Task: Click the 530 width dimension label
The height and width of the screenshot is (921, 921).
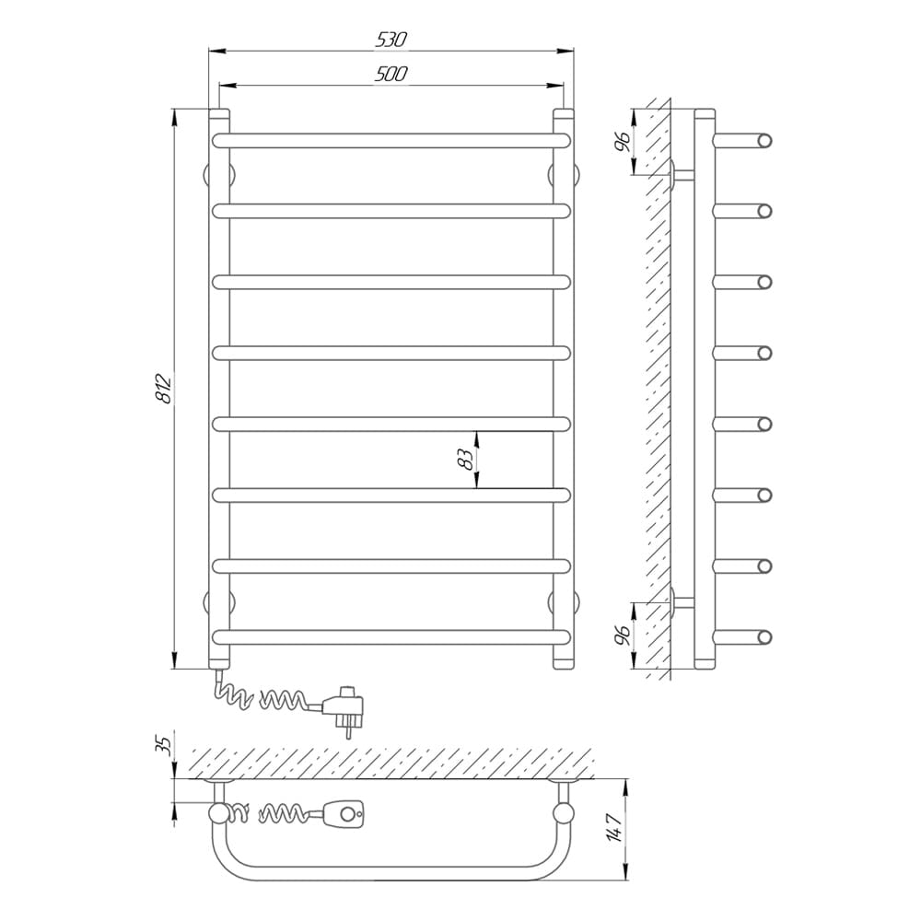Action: pyautogui.click(x=391, y=40)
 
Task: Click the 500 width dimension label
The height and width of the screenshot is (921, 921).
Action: pyautogui.click(x=391, y=74)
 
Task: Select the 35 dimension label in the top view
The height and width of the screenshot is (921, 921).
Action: pyautogui.click(x=165, y=744)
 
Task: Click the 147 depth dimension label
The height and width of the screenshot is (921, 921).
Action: pyautogui.click(x=613, y=828)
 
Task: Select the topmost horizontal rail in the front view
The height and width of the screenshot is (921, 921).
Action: pyautogui.click(x=391, y=140)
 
